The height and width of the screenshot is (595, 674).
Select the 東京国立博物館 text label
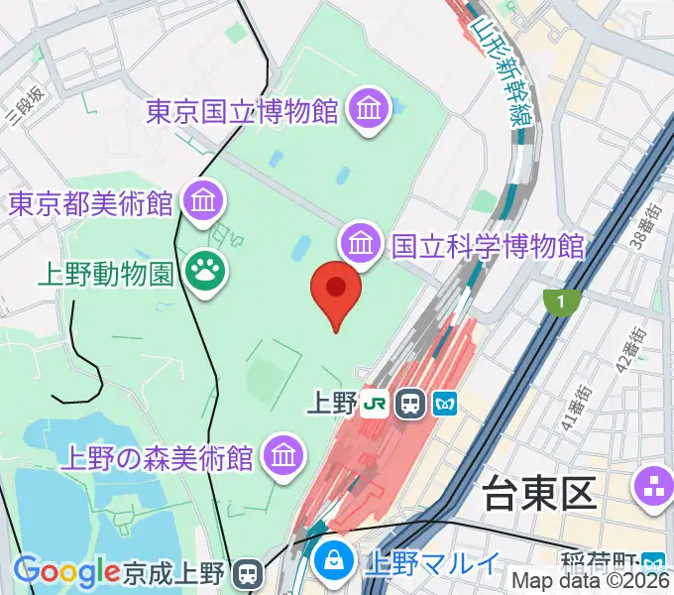click(244, 110)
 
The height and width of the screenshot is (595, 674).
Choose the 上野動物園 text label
click(108, 271)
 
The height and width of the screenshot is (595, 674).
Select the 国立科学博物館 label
click(488, 245)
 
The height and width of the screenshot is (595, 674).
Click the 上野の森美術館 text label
click(159, 458)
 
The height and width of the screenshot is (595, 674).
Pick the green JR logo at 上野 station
click(374, 403)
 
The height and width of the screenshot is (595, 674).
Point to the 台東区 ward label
click(536, 493)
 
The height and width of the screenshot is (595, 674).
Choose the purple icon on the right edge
click(654, 486)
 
